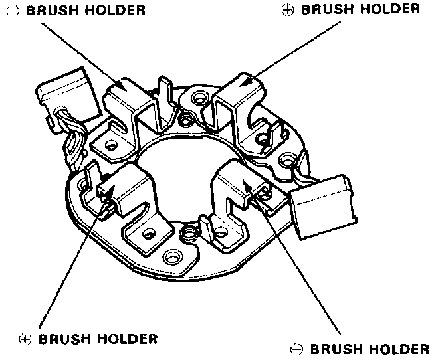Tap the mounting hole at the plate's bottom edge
tap(173, 255)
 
